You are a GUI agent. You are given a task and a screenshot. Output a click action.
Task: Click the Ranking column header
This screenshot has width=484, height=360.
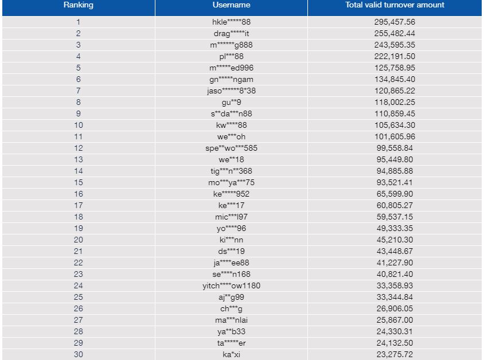coord(78,5)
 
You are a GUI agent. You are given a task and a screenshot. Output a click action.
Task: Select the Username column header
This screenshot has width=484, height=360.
coord(231,5)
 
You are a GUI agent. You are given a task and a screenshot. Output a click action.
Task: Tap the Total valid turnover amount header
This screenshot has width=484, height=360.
coord(395,5)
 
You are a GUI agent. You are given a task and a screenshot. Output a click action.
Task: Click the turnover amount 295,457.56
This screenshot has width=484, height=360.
coord(395,22)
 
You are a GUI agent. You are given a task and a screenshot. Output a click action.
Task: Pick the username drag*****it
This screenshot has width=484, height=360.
coord(231,33)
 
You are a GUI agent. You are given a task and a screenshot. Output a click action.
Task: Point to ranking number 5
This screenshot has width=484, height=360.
coord(78,68)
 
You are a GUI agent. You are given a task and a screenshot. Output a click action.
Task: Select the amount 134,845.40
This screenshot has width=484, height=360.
coord(395,79)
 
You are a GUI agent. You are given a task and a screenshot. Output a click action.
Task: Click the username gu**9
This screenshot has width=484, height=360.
coord(231,102)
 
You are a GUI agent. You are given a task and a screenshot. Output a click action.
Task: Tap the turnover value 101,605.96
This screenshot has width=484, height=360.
coord(395,136)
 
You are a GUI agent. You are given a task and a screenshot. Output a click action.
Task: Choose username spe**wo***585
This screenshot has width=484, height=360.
coord(231,148)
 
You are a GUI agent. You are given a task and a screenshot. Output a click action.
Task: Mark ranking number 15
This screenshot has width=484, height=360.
coord(78,182)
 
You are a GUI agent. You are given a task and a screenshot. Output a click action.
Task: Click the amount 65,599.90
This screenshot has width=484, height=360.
coord(395,194)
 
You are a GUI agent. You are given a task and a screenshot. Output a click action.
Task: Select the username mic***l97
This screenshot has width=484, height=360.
coord(231,217)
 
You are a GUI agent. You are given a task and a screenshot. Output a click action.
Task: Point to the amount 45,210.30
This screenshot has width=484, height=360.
coord(395,240)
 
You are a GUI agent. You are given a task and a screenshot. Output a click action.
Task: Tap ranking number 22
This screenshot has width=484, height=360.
coord(78,263)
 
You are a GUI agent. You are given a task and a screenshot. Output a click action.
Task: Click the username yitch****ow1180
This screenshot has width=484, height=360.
coord(231,285)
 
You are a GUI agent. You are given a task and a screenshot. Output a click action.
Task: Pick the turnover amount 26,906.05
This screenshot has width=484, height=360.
coord(395,308)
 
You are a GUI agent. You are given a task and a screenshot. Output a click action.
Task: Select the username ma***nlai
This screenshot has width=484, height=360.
coord(231,320)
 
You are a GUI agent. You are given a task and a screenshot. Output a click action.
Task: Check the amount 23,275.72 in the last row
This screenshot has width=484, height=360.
coord(395,354)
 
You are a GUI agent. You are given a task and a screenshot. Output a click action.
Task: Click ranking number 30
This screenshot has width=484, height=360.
coord(78,354)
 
